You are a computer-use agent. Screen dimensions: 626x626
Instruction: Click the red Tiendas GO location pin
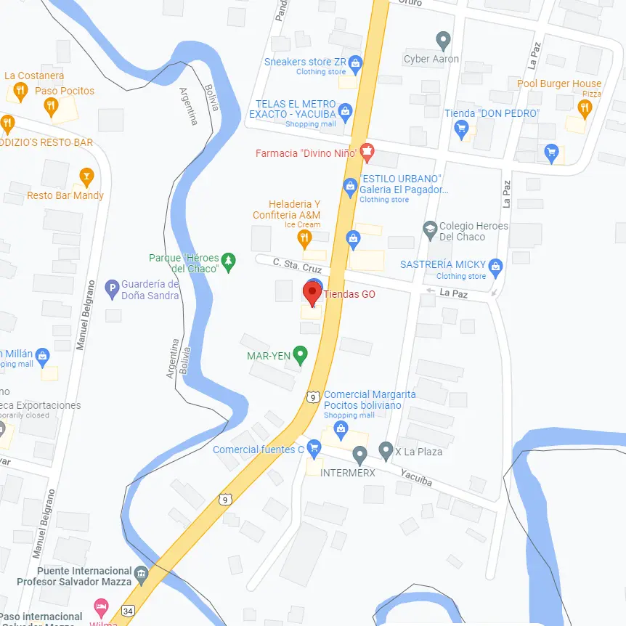(x=312, y=293)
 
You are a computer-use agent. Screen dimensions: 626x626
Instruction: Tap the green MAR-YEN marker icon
(x=300, y=355)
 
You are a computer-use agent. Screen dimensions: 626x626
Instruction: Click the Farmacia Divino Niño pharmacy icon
(x=367, y=153)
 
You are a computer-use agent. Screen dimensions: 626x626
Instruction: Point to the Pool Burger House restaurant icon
(x=585, y=109)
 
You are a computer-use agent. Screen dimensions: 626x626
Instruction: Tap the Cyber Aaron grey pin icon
(x=443, y=41)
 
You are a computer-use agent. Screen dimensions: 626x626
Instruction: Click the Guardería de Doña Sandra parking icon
(x=112, y=289)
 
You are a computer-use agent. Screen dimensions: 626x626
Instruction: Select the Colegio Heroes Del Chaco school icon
(x=430, y=230)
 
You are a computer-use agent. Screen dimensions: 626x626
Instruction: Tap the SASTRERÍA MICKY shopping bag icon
(x=495, y=267)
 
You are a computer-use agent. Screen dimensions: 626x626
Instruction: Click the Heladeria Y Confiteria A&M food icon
(x=305, y=238)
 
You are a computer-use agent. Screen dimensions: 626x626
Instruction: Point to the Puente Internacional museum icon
(x=141, y=574)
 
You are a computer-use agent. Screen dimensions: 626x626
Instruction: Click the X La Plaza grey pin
(x=386, y=452)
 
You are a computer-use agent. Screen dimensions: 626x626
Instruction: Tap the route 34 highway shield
(x=129, y=611)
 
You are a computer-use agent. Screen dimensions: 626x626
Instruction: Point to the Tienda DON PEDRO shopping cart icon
(x=460, y=129)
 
